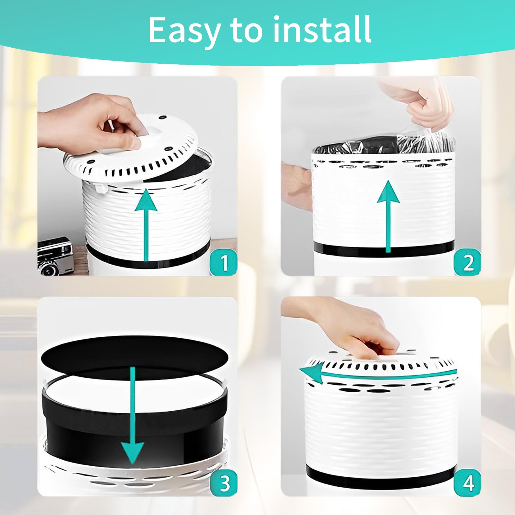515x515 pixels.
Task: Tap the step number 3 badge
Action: [224, 482]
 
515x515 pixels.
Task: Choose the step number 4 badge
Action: [467, 482]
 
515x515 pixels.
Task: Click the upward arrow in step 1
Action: [146, 224]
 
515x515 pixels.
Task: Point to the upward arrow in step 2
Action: [388, 216]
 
